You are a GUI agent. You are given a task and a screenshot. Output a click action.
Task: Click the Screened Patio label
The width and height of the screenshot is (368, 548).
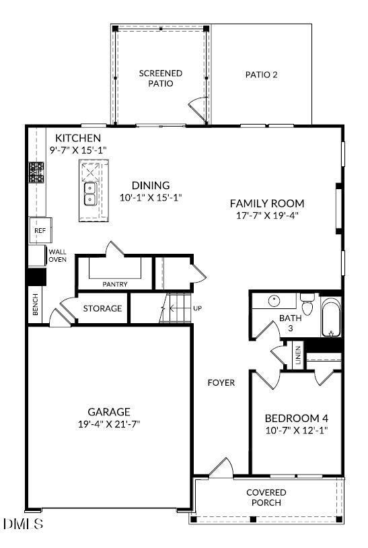pyautogui.click(x=161, y=78)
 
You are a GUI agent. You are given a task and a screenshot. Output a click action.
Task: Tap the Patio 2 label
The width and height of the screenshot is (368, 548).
pyautogui.click(x=261, y=75)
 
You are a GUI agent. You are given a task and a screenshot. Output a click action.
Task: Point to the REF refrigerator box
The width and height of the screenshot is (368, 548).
pyautogui.click(x=40, y=231)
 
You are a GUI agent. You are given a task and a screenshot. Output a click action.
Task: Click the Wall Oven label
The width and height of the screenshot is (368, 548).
pyautogui.click(x=57, y=255)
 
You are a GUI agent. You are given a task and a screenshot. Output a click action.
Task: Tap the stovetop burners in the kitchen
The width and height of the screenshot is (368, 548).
pyautogui.click(x=36, y=174)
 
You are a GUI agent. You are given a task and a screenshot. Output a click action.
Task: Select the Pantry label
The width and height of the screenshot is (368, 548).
pyautogui.click(x=115, y=284)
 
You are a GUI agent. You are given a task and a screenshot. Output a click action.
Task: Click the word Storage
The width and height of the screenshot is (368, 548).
pyautogui.click(x=102, y=308)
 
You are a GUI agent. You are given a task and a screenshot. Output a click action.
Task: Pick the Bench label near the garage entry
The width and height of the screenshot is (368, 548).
pyautogui.click(x=36, y=306)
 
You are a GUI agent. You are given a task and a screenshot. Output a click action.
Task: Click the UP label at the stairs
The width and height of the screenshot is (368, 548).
pyautogui.click(x=197, y=308)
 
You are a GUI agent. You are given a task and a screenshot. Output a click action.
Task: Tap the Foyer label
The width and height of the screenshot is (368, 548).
pyautogui.click(x=221, y=382)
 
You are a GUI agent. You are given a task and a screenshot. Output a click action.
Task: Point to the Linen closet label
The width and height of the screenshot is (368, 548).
pyautogui.click(x=297, y=355)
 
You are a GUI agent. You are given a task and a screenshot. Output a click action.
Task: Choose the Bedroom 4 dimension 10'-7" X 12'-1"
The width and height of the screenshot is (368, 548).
pyautogui.click(x=296, y=430)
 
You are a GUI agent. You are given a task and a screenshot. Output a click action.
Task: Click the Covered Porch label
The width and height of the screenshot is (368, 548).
pyautogui.click(x=266, y=498)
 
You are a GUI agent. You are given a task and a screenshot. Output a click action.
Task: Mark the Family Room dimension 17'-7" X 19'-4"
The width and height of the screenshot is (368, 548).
pyautogui.click(x=267, y=215)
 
